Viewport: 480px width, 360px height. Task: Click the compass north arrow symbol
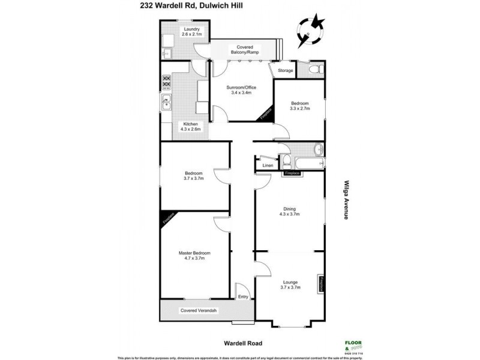311,29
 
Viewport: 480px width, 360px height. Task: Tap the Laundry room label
192,32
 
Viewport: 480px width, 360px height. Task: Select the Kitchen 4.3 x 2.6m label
190,127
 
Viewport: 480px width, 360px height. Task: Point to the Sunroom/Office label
238,91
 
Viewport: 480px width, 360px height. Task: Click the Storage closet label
286,71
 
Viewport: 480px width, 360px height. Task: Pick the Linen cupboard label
268,165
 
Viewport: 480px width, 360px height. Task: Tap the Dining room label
290,211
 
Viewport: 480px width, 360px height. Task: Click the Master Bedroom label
194,256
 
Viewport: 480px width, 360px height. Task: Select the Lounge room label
290,285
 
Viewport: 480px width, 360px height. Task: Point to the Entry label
242,296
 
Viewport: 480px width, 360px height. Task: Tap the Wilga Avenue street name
346,200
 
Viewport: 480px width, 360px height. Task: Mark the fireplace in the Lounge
322,285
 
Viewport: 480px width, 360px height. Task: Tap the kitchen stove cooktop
166,83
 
